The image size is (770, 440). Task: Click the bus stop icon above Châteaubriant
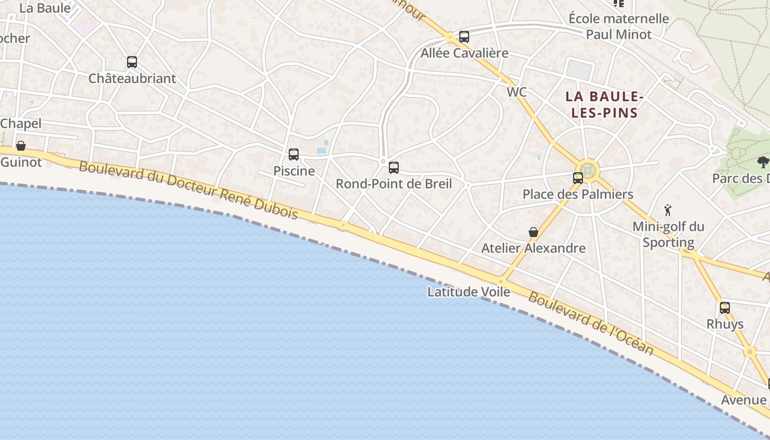132,62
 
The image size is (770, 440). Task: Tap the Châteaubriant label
132,78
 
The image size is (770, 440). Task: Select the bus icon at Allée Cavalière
464,37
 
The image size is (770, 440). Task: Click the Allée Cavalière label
464,53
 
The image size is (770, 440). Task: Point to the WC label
516,92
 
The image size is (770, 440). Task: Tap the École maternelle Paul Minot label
619,26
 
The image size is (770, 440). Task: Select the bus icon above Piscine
294,155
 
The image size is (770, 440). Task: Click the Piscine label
294,171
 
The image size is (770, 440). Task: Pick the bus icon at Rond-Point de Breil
394,168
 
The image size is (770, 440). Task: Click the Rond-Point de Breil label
394,184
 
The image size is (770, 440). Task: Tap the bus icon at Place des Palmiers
578,178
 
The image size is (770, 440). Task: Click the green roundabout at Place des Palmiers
588,169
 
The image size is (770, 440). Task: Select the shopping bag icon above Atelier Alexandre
533,232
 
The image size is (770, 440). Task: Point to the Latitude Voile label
469,292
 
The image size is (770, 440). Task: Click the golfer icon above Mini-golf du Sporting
668,210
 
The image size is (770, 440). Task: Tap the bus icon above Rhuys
725,308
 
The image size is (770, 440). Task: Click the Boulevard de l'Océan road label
591,323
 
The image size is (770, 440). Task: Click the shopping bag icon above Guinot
21,146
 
